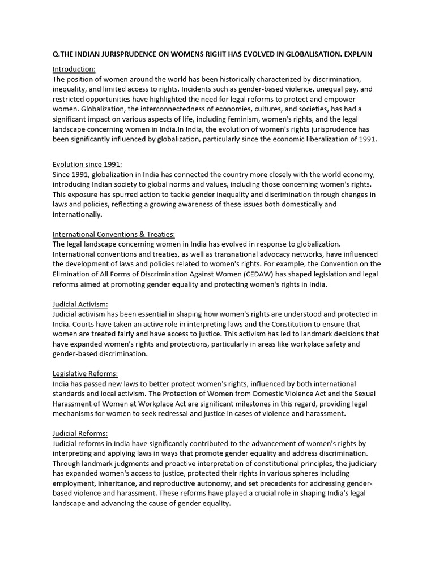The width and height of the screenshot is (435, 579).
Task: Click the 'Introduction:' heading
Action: click(x=74, y=69)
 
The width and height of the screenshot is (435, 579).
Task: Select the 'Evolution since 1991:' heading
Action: click(x=87, y=165)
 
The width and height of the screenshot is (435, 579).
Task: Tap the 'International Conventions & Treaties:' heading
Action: click(x=114, y=234)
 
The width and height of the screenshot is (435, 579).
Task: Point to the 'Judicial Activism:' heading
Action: click(x=80, y=304)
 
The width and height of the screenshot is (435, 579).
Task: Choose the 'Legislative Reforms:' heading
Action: click(x=86, y=373)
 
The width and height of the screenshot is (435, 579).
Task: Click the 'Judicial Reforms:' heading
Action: click(x=80, y=433)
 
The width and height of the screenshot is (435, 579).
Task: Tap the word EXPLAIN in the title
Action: click(x=356, y=54)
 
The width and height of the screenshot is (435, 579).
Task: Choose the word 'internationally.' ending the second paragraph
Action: click(x=78, y=214)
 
